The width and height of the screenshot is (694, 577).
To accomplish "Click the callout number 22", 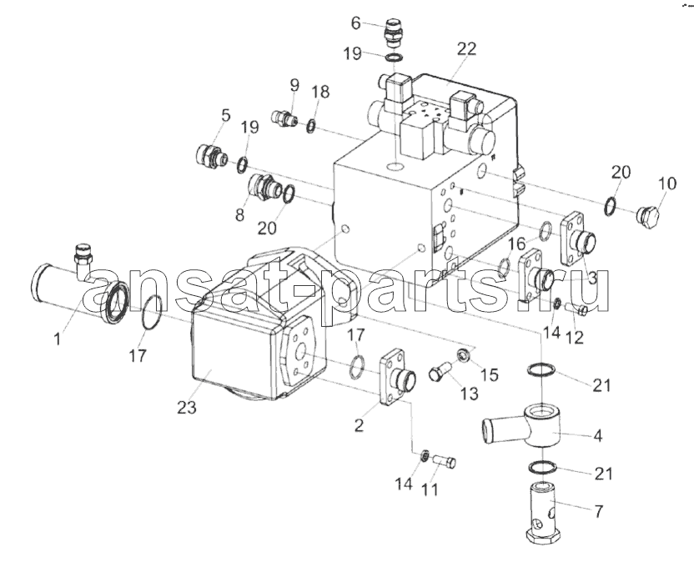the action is click(x=466, y=48).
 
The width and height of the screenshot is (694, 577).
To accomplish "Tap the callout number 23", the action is click(x=187, y=407).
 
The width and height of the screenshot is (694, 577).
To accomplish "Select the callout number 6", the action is click(x=356, y=23).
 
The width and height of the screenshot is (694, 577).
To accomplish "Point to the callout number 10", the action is click(x=667, y=183).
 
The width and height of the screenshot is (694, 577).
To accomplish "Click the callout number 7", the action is click(x=598, y=511).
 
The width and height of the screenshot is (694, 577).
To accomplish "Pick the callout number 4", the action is click(x=597, y=435).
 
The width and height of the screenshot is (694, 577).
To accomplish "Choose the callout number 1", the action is click(x=57, y=339).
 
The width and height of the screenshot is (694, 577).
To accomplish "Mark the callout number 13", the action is click(x=469, y=393).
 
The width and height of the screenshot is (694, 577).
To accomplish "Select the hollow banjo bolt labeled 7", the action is click(x=544, y=515).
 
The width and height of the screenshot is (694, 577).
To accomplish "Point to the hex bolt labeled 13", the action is click(x=440, y=371).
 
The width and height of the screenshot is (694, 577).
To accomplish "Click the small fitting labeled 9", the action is click(x=284, y=118).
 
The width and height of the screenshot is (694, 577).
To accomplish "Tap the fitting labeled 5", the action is click(x=211, y=156).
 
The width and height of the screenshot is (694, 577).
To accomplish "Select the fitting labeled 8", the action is click(x=264, y=188).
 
